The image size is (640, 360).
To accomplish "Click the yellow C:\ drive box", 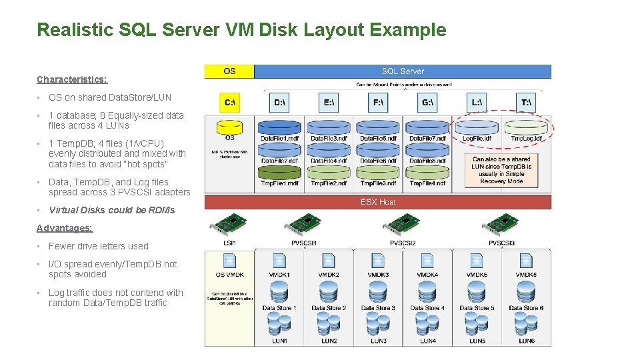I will [x=229, y=102].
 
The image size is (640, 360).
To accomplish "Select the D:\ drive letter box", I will [x=279, y=102].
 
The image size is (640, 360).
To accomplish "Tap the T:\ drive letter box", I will [x=526, y=102].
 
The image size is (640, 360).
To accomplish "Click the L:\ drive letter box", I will [x=477, y=102].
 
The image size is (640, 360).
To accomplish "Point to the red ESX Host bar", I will [x=378, y=202].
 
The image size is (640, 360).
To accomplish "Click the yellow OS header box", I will [x=229, y=71].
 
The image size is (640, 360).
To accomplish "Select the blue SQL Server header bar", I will [x=403, y=71].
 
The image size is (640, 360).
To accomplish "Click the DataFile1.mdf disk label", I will [x=279, y=139].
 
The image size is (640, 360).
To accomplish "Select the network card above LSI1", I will [x=229, y=224].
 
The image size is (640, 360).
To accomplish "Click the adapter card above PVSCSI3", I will [x=501, y=224].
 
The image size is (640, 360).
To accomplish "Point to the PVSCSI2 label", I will [x=403, y=243].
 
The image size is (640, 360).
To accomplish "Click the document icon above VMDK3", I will [x=378, y=261].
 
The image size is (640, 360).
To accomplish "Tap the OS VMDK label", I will [x=229, y=275].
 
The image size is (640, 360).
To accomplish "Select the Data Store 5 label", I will [x=477, y=308].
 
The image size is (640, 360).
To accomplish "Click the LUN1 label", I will [x=279, y=341].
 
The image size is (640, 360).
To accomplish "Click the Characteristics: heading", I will [x=71, y=79].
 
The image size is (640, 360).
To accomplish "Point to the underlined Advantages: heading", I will [x=65, y=228].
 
